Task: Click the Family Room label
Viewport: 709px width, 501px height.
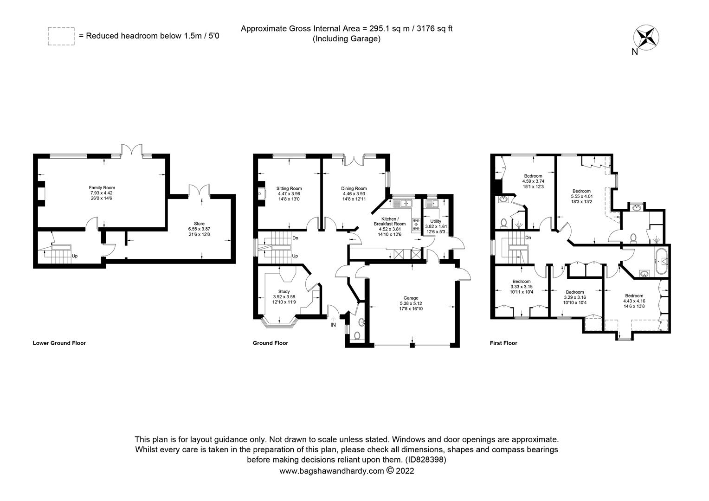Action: coord(102,188)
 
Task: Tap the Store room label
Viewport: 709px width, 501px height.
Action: coord(199,224)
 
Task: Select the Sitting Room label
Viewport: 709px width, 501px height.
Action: coord(289,188)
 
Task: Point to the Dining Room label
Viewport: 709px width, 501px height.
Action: coord(354,188)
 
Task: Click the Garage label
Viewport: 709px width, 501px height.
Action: coord(411,298)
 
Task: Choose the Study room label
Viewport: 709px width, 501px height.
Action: coord(284,291)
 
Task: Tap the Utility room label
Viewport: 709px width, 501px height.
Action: coord(436,221)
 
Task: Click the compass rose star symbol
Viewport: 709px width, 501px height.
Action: coord(646,38)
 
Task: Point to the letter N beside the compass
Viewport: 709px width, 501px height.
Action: coord(635,52)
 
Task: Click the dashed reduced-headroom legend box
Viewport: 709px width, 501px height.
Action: coord(61,36)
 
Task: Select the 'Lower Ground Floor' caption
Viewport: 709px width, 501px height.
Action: coord(59,343)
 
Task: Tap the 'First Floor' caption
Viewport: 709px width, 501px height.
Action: coord(503,343)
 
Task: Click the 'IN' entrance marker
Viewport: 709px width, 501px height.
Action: coord(333,325)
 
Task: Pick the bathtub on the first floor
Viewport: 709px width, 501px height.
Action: coord(661,262)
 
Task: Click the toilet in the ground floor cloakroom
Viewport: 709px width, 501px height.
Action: coord(357,335)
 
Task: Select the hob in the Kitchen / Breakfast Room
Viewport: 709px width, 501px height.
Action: coord(416,224)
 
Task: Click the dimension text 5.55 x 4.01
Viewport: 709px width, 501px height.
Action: coord(582,196)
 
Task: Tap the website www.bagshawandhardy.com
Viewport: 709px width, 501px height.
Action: coord(332,471)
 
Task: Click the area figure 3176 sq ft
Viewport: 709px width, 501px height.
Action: coord(435,29)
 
